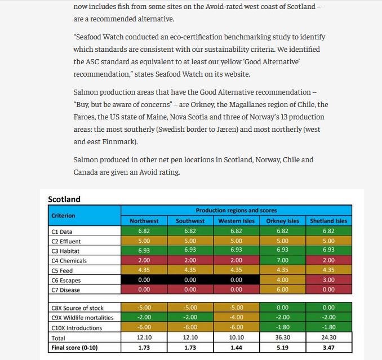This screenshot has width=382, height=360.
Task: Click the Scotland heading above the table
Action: coord(64,199)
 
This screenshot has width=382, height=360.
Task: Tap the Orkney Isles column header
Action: coord(282,221)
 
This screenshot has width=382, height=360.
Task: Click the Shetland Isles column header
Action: coord(329,221)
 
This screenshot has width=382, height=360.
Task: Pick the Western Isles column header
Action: coord(236,221)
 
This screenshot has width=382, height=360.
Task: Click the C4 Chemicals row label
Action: coord(69,261)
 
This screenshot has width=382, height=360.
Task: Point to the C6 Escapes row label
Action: coord(65,280)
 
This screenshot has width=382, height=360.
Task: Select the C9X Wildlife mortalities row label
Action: coord(82,318)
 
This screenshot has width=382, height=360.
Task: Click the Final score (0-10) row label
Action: coord(74,347)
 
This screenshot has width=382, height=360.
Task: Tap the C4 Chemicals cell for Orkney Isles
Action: coord(282,261)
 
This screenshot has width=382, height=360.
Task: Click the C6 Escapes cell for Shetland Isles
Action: coord(329,280)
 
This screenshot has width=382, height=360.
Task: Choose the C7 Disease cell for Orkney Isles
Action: coord(282,290)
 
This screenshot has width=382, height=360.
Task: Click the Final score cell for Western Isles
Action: coord(236,347)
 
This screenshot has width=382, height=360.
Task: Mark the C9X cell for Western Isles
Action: coord(236,318)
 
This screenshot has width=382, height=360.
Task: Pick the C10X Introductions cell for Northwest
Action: coord(144,327)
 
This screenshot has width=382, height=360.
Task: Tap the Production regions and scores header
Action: coord(236,210)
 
